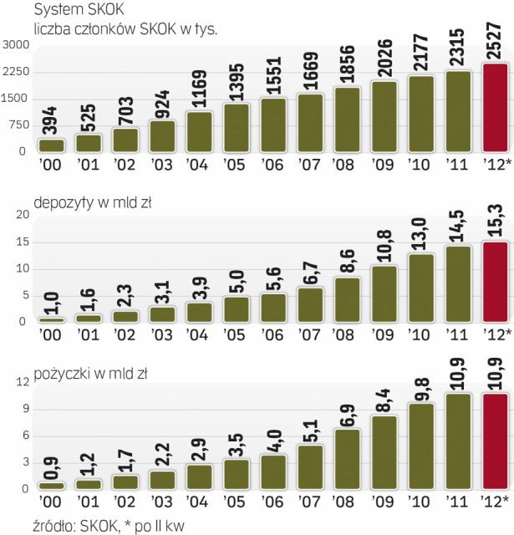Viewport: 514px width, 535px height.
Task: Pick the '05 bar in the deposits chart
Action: point(237,308)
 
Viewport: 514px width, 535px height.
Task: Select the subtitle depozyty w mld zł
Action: point(88,203)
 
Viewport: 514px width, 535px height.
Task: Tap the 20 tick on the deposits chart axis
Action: point(23,216)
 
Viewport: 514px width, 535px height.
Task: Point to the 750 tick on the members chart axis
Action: point(18,125)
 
